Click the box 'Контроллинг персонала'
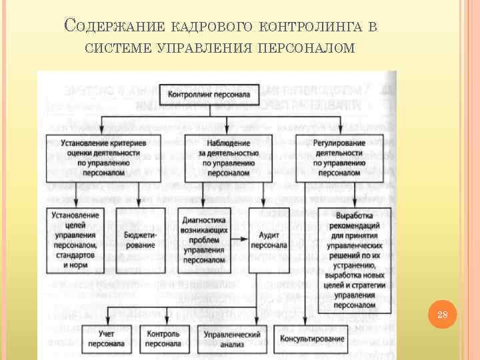[209, 95]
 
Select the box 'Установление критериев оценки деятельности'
[100, 157]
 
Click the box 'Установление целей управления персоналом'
[76, 240]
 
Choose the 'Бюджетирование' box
[140, 240]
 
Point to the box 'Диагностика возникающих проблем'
[203, 240]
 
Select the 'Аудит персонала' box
[269, 240]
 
